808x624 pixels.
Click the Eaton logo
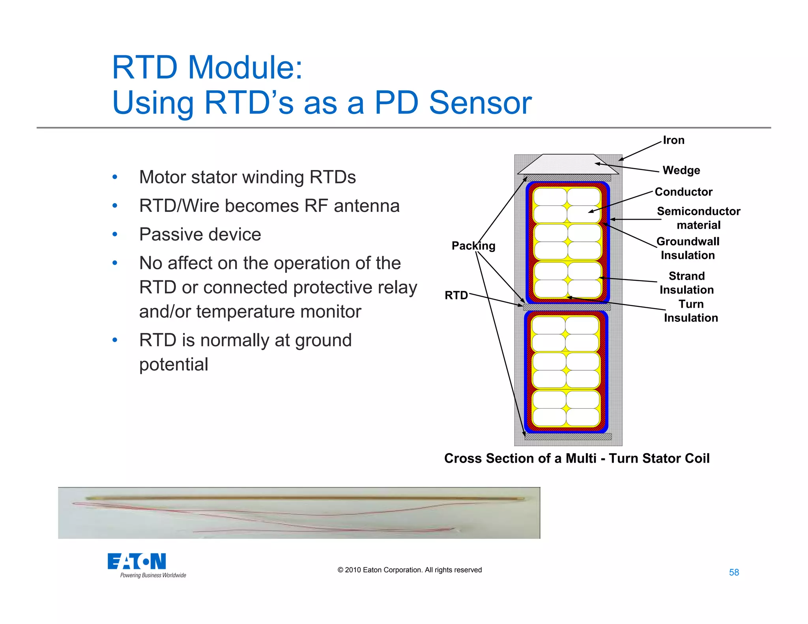137,561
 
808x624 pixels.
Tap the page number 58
734,572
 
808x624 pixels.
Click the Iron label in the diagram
673,140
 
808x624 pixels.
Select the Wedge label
681,170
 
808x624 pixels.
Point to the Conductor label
683,192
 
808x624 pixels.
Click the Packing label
473,246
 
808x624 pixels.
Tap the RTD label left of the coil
456,295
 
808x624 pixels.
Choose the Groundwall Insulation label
688,248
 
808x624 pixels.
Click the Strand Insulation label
686,283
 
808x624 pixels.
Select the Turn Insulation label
691,311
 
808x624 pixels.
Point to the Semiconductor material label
698,218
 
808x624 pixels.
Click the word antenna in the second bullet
367,206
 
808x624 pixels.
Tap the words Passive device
200,235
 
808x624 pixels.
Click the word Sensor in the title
480,103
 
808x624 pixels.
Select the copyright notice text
410,570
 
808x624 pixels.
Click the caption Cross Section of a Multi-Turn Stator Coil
576,458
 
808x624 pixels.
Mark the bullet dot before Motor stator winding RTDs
115,177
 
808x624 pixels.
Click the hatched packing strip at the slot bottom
568,437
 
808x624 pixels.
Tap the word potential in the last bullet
174,364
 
